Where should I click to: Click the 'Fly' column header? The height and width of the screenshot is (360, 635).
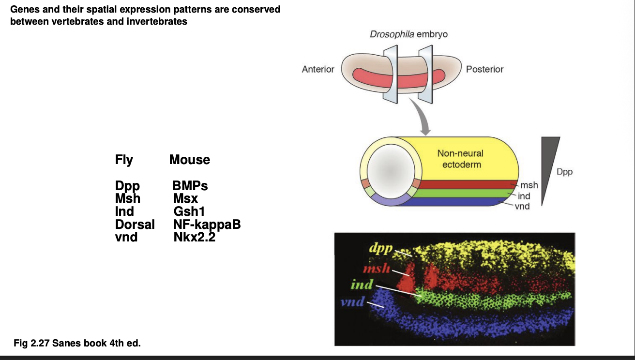click(124, 160)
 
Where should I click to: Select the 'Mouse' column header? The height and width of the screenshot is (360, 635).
click(190, 160)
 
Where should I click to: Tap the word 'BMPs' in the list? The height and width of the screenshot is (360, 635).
click(190, 186)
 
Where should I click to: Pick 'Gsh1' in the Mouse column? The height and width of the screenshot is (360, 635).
click(189, 211)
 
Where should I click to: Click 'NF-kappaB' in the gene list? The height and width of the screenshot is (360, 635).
click(207, 225)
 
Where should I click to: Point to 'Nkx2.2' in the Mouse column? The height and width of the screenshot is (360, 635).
click(194, 237)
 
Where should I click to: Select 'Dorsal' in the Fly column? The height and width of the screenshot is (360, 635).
click(135, 225)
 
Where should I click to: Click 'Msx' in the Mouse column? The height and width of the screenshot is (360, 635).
click(185, 199)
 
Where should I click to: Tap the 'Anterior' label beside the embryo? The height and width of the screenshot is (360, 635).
click(318, 69)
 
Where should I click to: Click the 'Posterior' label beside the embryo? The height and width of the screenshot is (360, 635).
click(484, 69)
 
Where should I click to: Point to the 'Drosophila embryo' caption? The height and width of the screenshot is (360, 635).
click(408, 34)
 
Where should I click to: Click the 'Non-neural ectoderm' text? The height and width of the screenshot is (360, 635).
click(460, 159)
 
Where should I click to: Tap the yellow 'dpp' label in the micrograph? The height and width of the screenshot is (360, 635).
click(380, 250)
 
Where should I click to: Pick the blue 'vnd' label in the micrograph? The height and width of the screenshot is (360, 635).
click(352, 302)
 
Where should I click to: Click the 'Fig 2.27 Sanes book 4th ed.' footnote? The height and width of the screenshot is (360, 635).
click(77, 344)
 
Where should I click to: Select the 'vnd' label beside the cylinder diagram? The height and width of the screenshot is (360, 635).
click(522, 207)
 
